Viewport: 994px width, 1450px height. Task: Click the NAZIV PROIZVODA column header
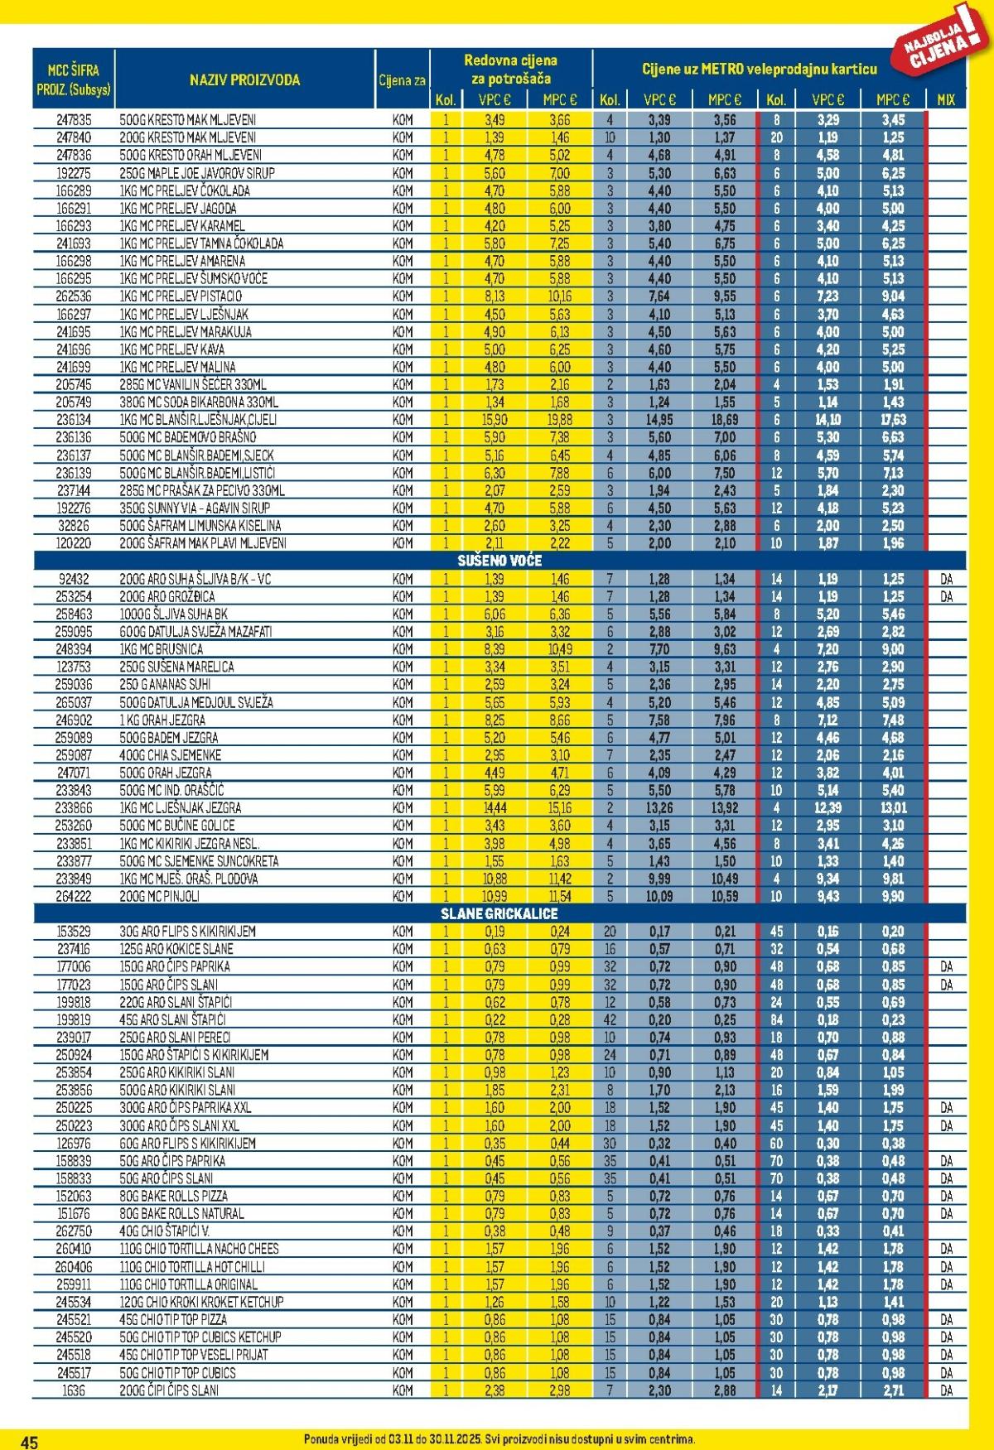244,80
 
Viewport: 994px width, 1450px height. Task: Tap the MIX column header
945,99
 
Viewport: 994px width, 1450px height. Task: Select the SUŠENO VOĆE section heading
499,561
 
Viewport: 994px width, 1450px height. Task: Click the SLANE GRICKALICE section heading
499,913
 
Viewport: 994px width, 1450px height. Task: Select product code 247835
74,120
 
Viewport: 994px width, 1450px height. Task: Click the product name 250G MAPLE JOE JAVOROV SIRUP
197,173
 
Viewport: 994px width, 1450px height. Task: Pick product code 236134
74,420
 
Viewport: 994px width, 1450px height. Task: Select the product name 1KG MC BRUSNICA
162,649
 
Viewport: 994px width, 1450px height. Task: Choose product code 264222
74,896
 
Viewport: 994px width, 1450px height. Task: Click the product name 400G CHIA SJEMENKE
171,755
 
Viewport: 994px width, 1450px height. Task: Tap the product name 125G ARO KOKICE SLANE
176,949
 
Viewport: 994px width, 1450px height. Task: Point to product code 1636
74,1390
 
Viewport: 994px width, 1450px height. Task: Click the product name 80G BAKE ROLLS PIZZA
173,1196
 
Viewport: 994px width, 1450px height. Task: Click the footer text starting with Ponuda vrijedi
499,1439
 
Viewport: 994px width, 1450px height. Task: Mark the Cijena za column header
402,80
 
